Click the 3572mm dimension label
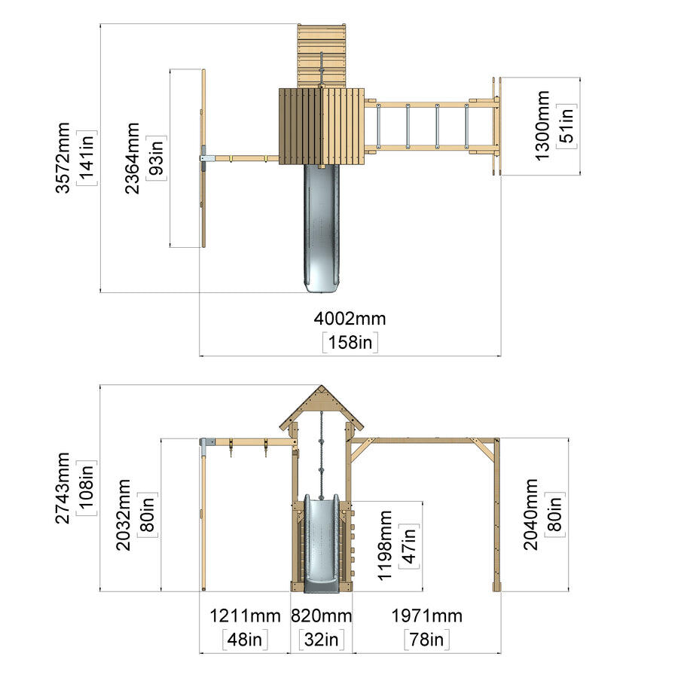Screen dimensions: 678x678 tap(63, 157)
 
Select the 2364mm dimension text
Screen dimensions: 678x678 tap(133, 158)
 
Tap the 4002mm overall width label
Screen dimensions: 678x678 tap(350, 319)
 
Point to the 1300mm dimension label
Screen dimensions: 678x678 tap(542, 125)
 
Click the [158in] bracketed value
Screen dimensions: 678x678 tap(350, 343)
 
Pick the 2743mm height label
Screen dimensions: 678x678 tap(63, 487)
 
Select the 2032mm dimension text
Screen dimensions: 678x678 tap(124, 515)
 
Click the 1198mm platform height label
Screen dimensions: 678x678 tap(384, 545)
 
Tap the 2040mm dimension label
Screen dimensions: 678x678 tap(530, 514)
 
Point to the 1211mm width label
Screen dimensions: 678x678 tap(245, 615)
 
